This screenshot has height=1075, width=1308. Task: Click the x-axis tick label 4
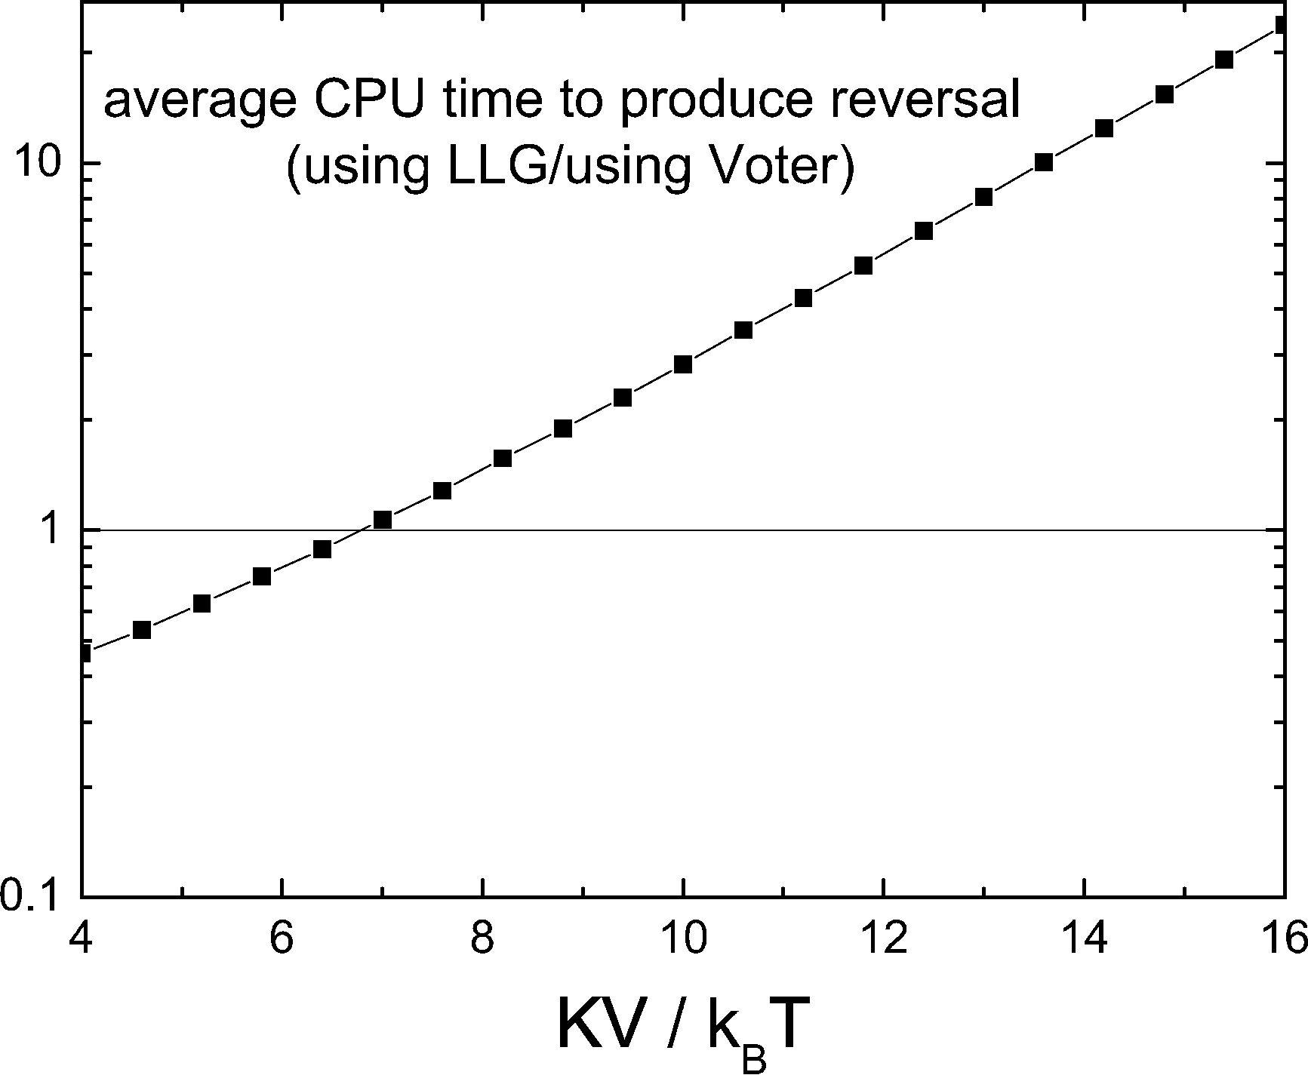click(x=82, y=941)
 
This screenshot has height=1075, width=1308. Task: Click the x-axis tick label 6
click(x=282, y=941)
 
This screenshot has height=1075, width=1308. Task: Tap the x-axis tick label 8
click(x=482, y=941)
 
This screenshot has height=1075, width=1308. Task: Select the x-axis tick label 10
click(x=682, y=941)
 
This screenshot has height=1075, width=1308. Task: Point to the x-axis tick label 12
click(x=883, y=941)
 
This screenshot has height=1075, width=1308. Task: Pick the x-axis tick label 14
click(x=1083, y=941)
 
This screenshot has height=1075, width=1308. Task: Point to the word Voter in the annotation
click(x=780, y=167)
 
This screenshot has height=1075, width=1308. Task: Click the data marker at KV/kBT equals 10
click(x=683, y=364)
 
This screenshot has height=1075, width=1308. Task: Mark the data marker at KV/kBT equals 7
click(x=383, y=520)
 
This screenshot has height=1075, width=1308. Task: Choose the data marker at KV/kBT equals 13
click(x=983, y=197)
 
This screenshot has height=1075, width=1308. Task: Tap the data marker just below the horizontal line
click(x=322, y=549)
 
